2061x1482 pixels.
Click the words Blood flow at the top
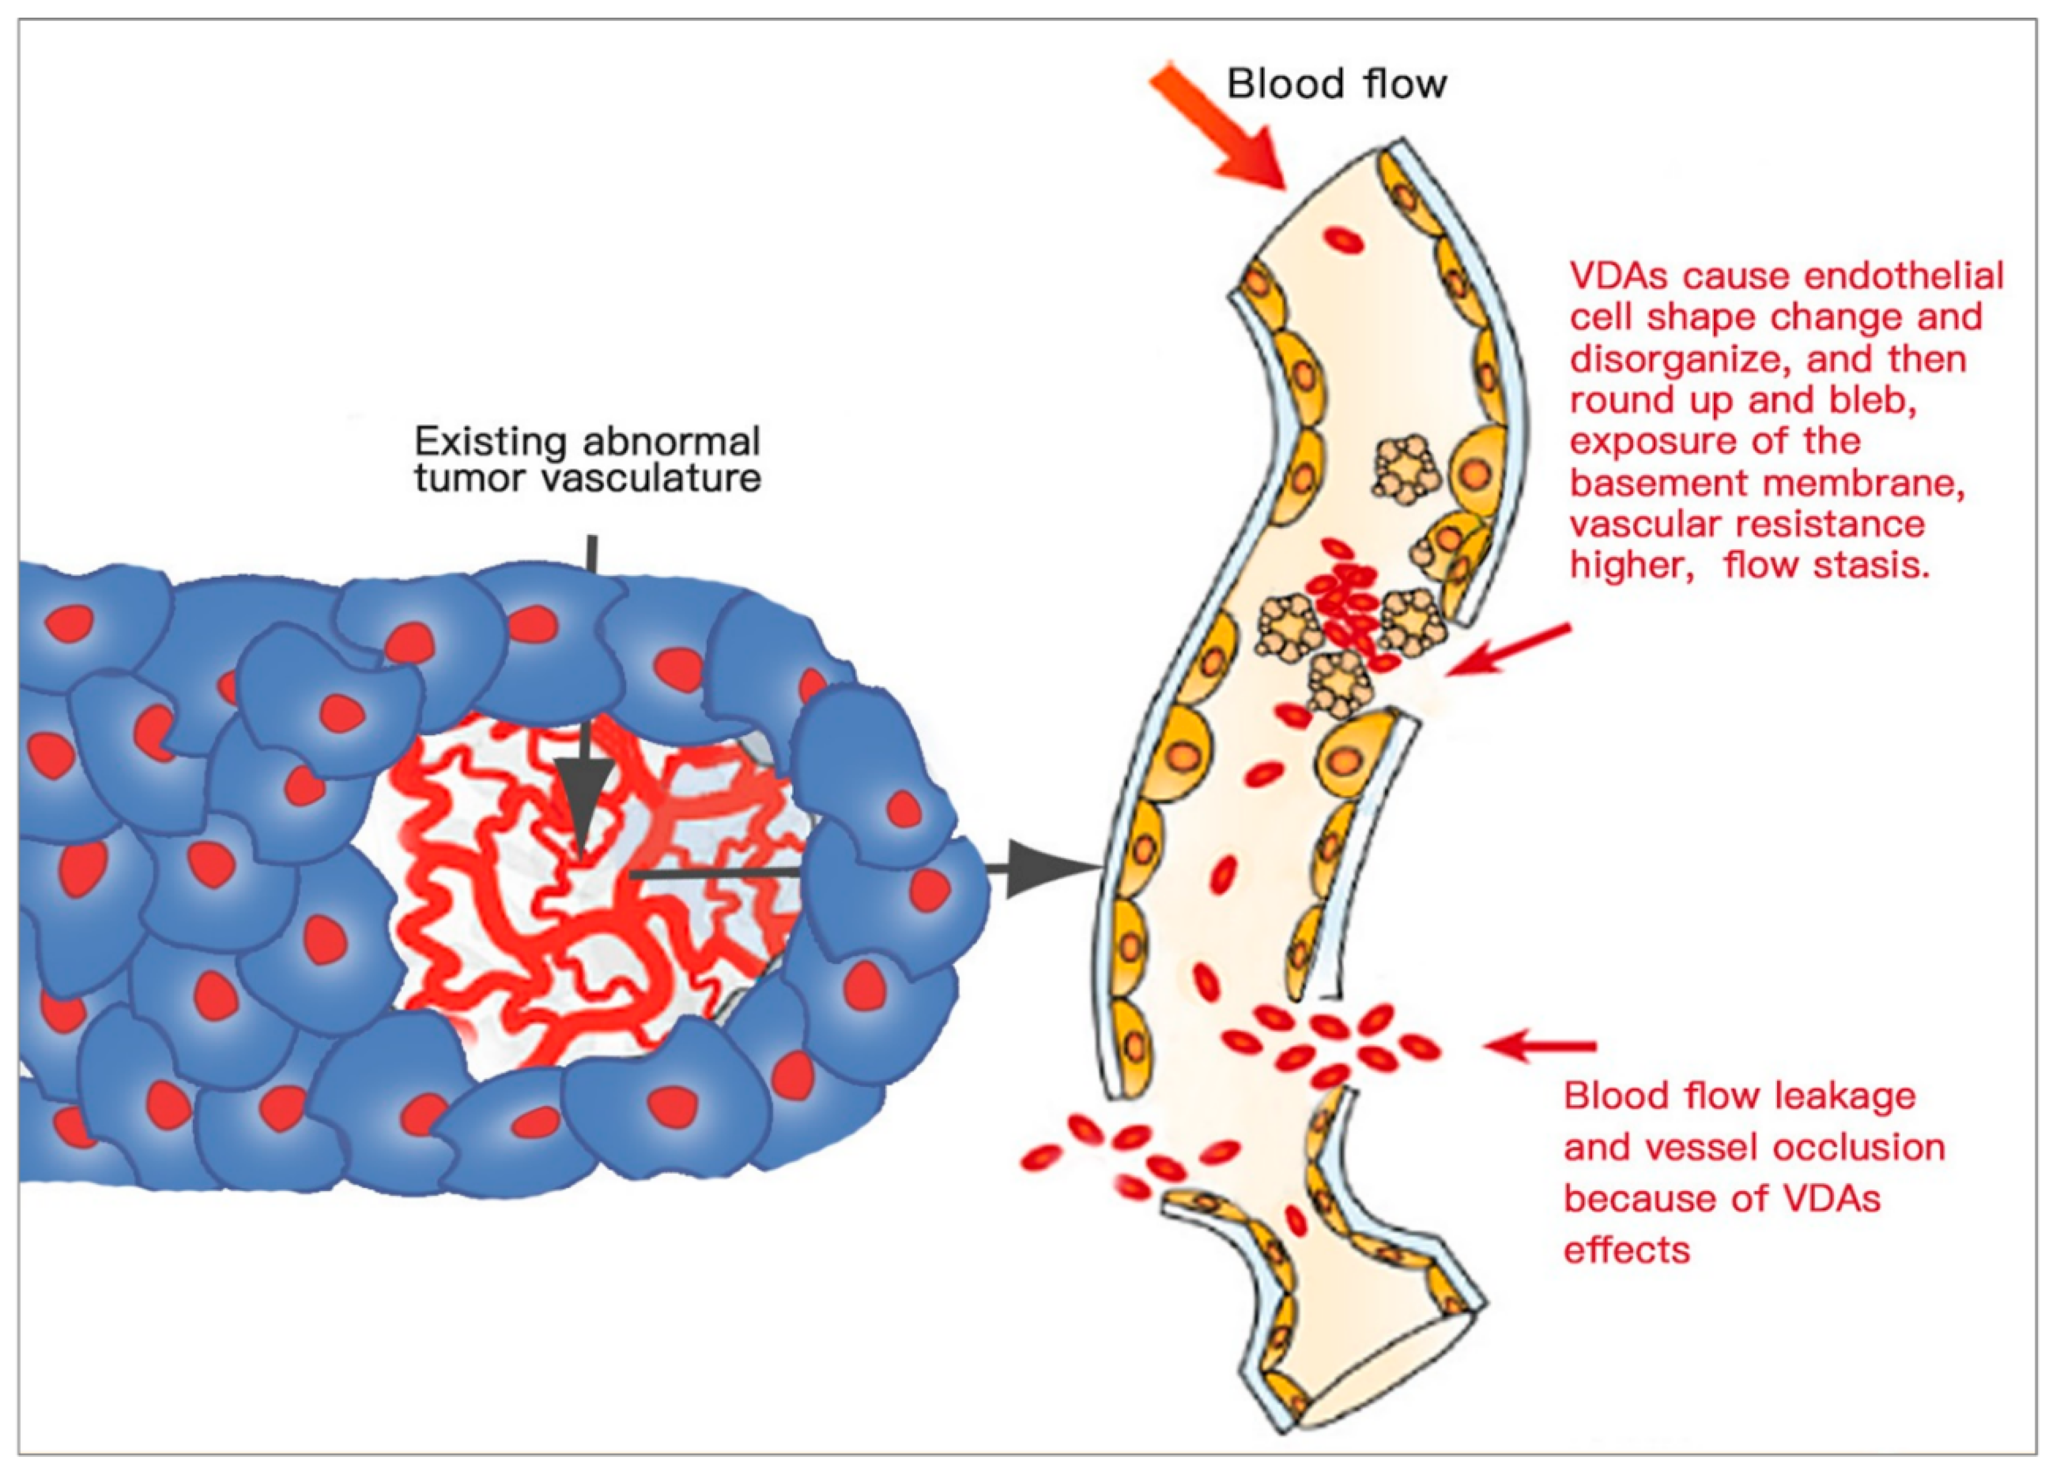pyautogui.click(x=1336, y=84)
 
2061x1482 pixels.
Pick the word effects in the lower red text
pyautogui.click(x=1627, y=1250)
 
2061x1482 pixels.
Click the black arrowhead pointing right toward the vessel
pyautogui.click(x=1045, y=870)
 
